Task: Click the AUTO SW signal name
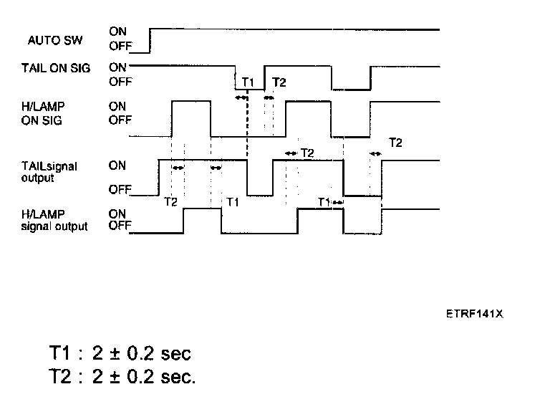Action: pyautogui.click(x=55, y=40)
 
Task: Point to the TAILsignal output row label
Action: pyautogui.click(x=49, y=172)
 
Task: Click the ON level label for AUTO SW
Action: pyautogui.click(x=117, y=32)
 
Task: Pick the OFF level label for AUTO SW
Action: pyautogui.click(x=120, y=47)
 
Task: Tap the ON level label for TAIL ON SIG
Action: pyautogui.click(x=117, y=67)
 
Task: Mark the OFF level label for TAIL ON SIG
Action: pyautogui.click(x=120, y=82)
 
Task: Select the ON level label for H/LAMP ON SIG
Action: pyautogui.click(x=117, y=106)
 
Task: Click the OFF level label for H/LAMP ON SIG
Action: pyautogui.click(x=120, y=120)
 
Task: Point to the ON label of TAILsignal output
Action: pyautogui.click(x=117, y=166)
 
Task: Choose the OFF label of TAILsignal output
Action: pyautogui.click(x=120, y=190)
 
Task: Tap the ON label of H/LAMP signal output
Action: pyautogui.click(x=117, y=214)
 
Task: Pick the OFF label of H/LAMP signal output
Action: pyautogui.click(x=120, y=226)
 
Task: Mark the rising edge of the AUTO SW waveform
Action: pyautogui.click(x=149, y=41)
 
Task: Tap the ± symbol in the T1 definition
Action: pyautogui.click(x=114, y=354)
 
